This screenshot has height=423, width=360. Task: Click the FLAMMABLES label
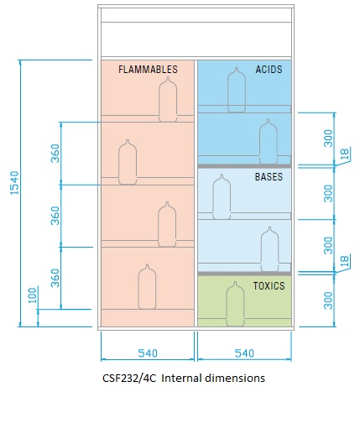click(148, 70)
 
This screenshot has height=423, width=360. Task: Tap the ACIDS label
click(269, 70)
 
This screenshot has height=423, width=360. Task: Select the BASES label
click(269, 177)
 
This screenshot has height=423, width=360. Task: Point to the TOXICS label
click(269, 286)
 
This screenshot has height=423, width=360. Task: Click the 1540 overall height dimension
click(14, 183)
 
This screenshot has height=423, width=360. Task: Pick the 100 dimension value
click(33, 295)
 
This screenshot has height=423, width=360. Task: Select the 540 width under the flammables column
click(148, 353)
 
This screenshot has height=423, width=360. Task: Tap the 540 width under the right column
click(244, 353)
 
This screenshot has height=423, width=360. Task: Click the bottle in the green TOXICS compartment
click(235, 304)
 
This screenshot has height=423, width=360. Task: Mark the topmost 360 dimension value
click(55, 154)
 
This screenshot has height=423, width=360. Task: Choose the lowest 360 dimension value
click(55, 278)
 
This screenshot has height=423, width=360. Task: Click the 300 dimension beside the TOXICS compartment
click(328, 300)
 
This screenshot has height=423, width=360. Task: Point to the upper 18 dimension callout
click(346, 154)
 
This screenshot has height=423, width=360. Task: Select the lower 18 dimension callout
click(346, 261)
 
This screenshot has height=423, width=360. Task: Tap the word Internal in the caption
click(181, 378)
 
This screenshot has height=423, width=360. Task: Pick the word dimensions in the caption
click(235, 378)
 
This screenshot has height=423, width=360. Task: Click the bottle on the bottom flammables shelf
click(147, 286)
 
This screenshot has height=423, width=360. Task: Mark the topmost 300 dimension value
click(328, 138)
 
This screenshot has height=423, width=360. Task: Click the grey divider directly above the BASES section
click(244, 166)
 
